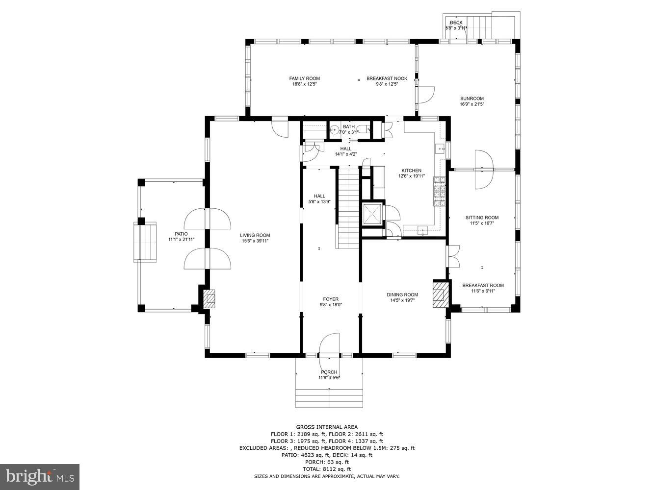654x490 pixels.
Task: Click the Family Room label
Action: point(304,78)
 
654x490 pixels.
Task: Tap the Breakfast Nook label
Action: point(387,78)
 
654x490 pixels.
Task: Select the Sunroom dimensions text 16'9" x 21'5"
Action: point(471,104)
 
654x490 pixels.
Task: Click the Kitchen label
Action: point(411,171)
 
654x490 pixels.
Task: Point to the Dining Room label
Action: point(402,294)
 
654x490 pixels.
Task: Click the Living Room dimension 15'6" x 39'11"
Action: point(255,241)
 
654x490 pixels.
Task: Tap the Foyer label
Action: point(330,299)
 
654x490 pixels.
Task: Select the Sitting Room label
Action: point(482,218)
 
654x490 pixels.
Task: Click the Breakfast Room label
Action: point(483,285)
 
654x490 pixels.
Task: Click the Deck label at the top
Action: point(456,23)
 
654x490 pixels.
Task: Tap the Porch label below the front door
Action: point(329,372)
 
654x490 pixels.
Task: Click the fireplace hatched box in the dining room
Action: point(440,294)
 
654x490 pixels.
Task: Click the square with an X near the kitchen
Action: point(371,213)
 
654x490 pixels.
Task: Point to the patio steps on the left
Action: point(145,242)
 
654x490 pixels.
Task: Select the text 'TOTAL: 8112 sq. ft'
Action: point(326,469)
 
